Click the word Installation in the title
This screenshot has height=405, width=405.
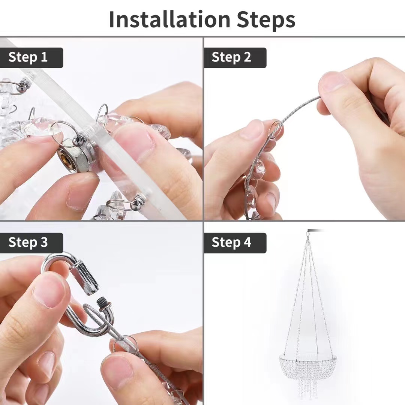170,19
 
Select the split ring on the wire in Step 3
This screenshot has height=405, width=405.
126,344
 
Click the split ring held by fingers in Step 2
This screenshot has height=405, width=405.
274,129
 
